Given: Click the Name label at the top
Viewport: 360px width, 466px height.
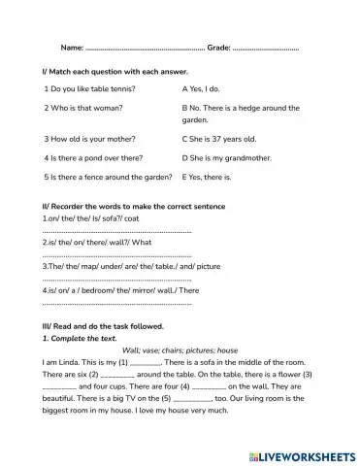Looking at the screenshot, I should pos(72,47).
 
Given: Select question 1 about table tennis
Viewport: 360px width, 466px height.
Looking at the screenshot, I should pos(89,88).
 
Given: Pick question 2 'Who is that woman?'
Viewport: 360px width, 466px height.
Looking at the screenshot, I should pos(86,108).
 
